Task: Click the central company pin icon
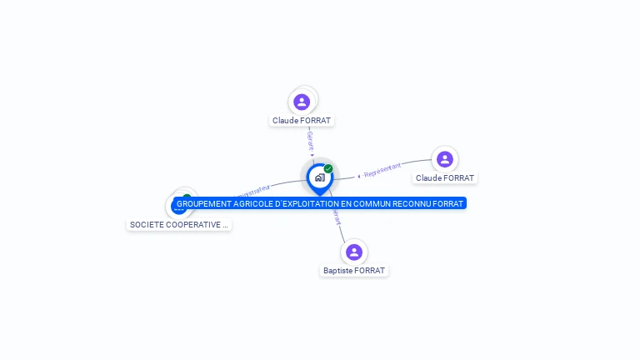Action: tap(319, 177)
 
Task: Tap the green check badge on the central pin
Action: tap(328, 168)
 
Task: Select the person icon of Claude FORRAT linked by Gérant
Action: tap(302, 102)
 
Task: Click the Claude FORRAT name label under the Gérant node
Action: tap(302, 121)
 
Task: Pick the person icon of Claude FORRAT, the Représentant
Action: tap(445, 159)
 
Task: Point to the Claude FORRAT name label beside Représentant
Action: tap(445, 178)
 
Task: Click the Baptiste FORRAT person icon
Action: tap(354, 252)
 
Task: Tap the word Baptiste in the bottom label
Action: tap(337, 271)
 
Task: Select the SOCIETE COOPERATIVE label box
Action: tap(178, 225)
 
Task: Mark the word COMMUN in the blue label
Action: tap(372, 203)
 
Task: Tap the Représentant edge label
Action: tap(382, 170)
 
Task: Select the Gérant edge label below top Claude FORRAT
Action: tap(310, 139)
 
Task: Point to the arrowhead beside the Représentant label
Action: tap(359, 176)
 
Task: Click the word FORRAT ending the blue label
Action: tap(448, 203)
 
